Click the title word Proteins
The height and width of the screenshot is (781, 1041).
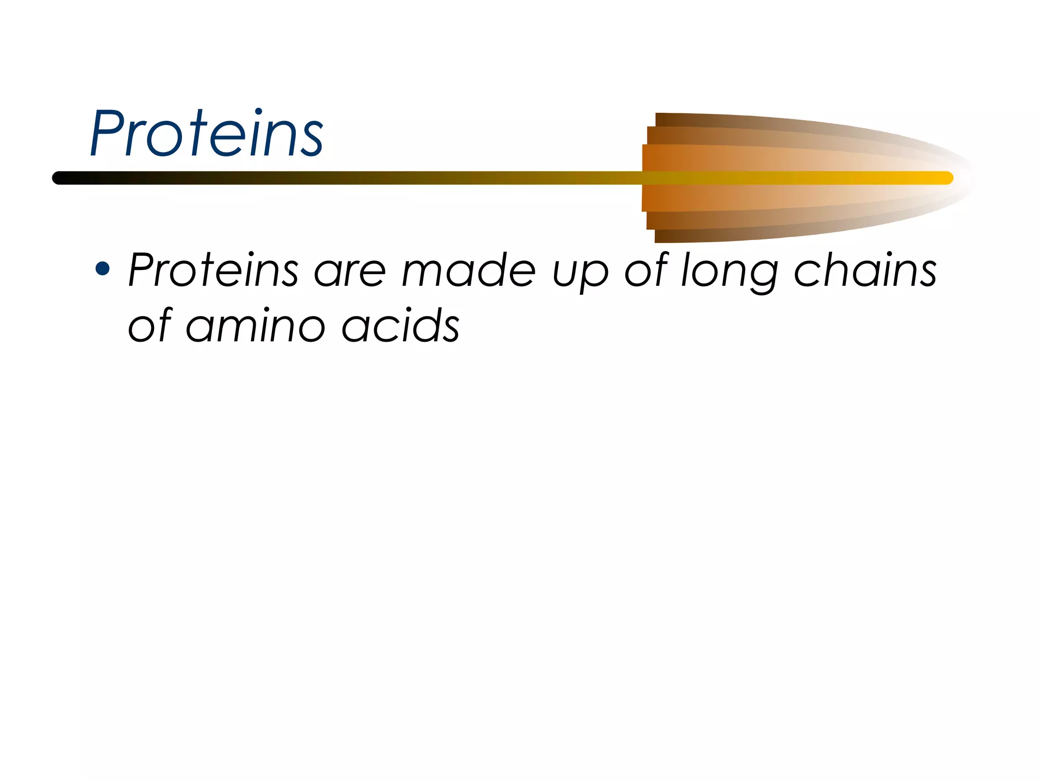(x=206, y=133)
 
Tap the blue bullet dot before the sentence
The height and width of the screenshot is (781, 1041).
(x=103, y=268)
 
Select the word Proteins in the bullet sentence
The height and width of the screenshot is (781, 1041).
(x=213, y=270)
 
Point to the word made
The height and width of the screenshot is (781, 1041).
(x=468, y=270)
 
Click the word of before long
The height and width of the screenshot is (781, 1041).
(x=646, y=270)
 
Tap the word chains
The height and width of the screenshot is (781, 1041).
(x=865, y=270)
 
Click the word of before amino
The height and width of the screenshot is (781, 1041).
(x=150, y=325)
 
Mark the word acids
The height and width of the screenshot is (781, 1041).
(x=401, y=325)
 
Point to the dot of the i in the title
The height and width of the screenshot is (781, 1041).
(x=259, y=112)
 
